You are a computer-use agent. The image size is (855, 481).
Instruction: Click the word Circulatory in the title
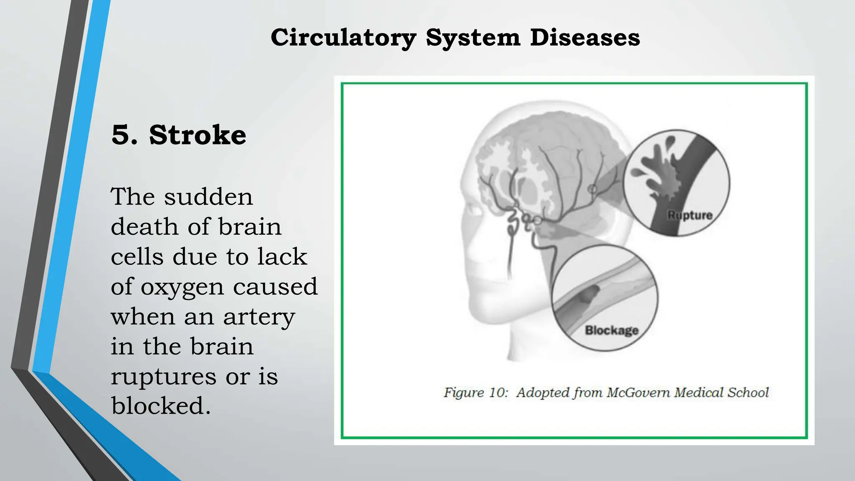[x=343, y=38]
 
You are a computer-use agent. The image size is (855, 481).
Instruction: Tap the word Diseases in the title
[x=585, y=38]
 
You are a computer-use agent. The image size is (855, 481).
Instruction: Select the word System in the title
[x=473, y=38]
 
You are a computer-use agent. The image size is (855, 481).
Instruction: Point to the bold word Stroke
[x=197, y=135]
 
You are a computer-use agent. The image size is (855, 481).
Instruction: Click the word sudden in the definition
[x=208, y=197]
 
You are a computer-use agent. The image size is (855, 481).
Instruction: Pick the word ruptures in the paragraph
[x=164, y=376]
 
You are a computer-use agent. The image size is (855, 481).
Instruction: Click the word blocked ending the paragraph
[x=161, y=406]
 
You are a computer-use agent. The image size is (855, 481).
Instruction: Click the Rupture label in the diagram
[x=690, y=215]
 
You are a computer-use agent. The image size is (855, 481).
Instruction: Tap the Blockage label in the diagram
[x=612, y=330]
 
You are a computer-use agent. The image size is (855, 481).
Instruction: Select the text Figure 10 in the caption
[x=476, y=392]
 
